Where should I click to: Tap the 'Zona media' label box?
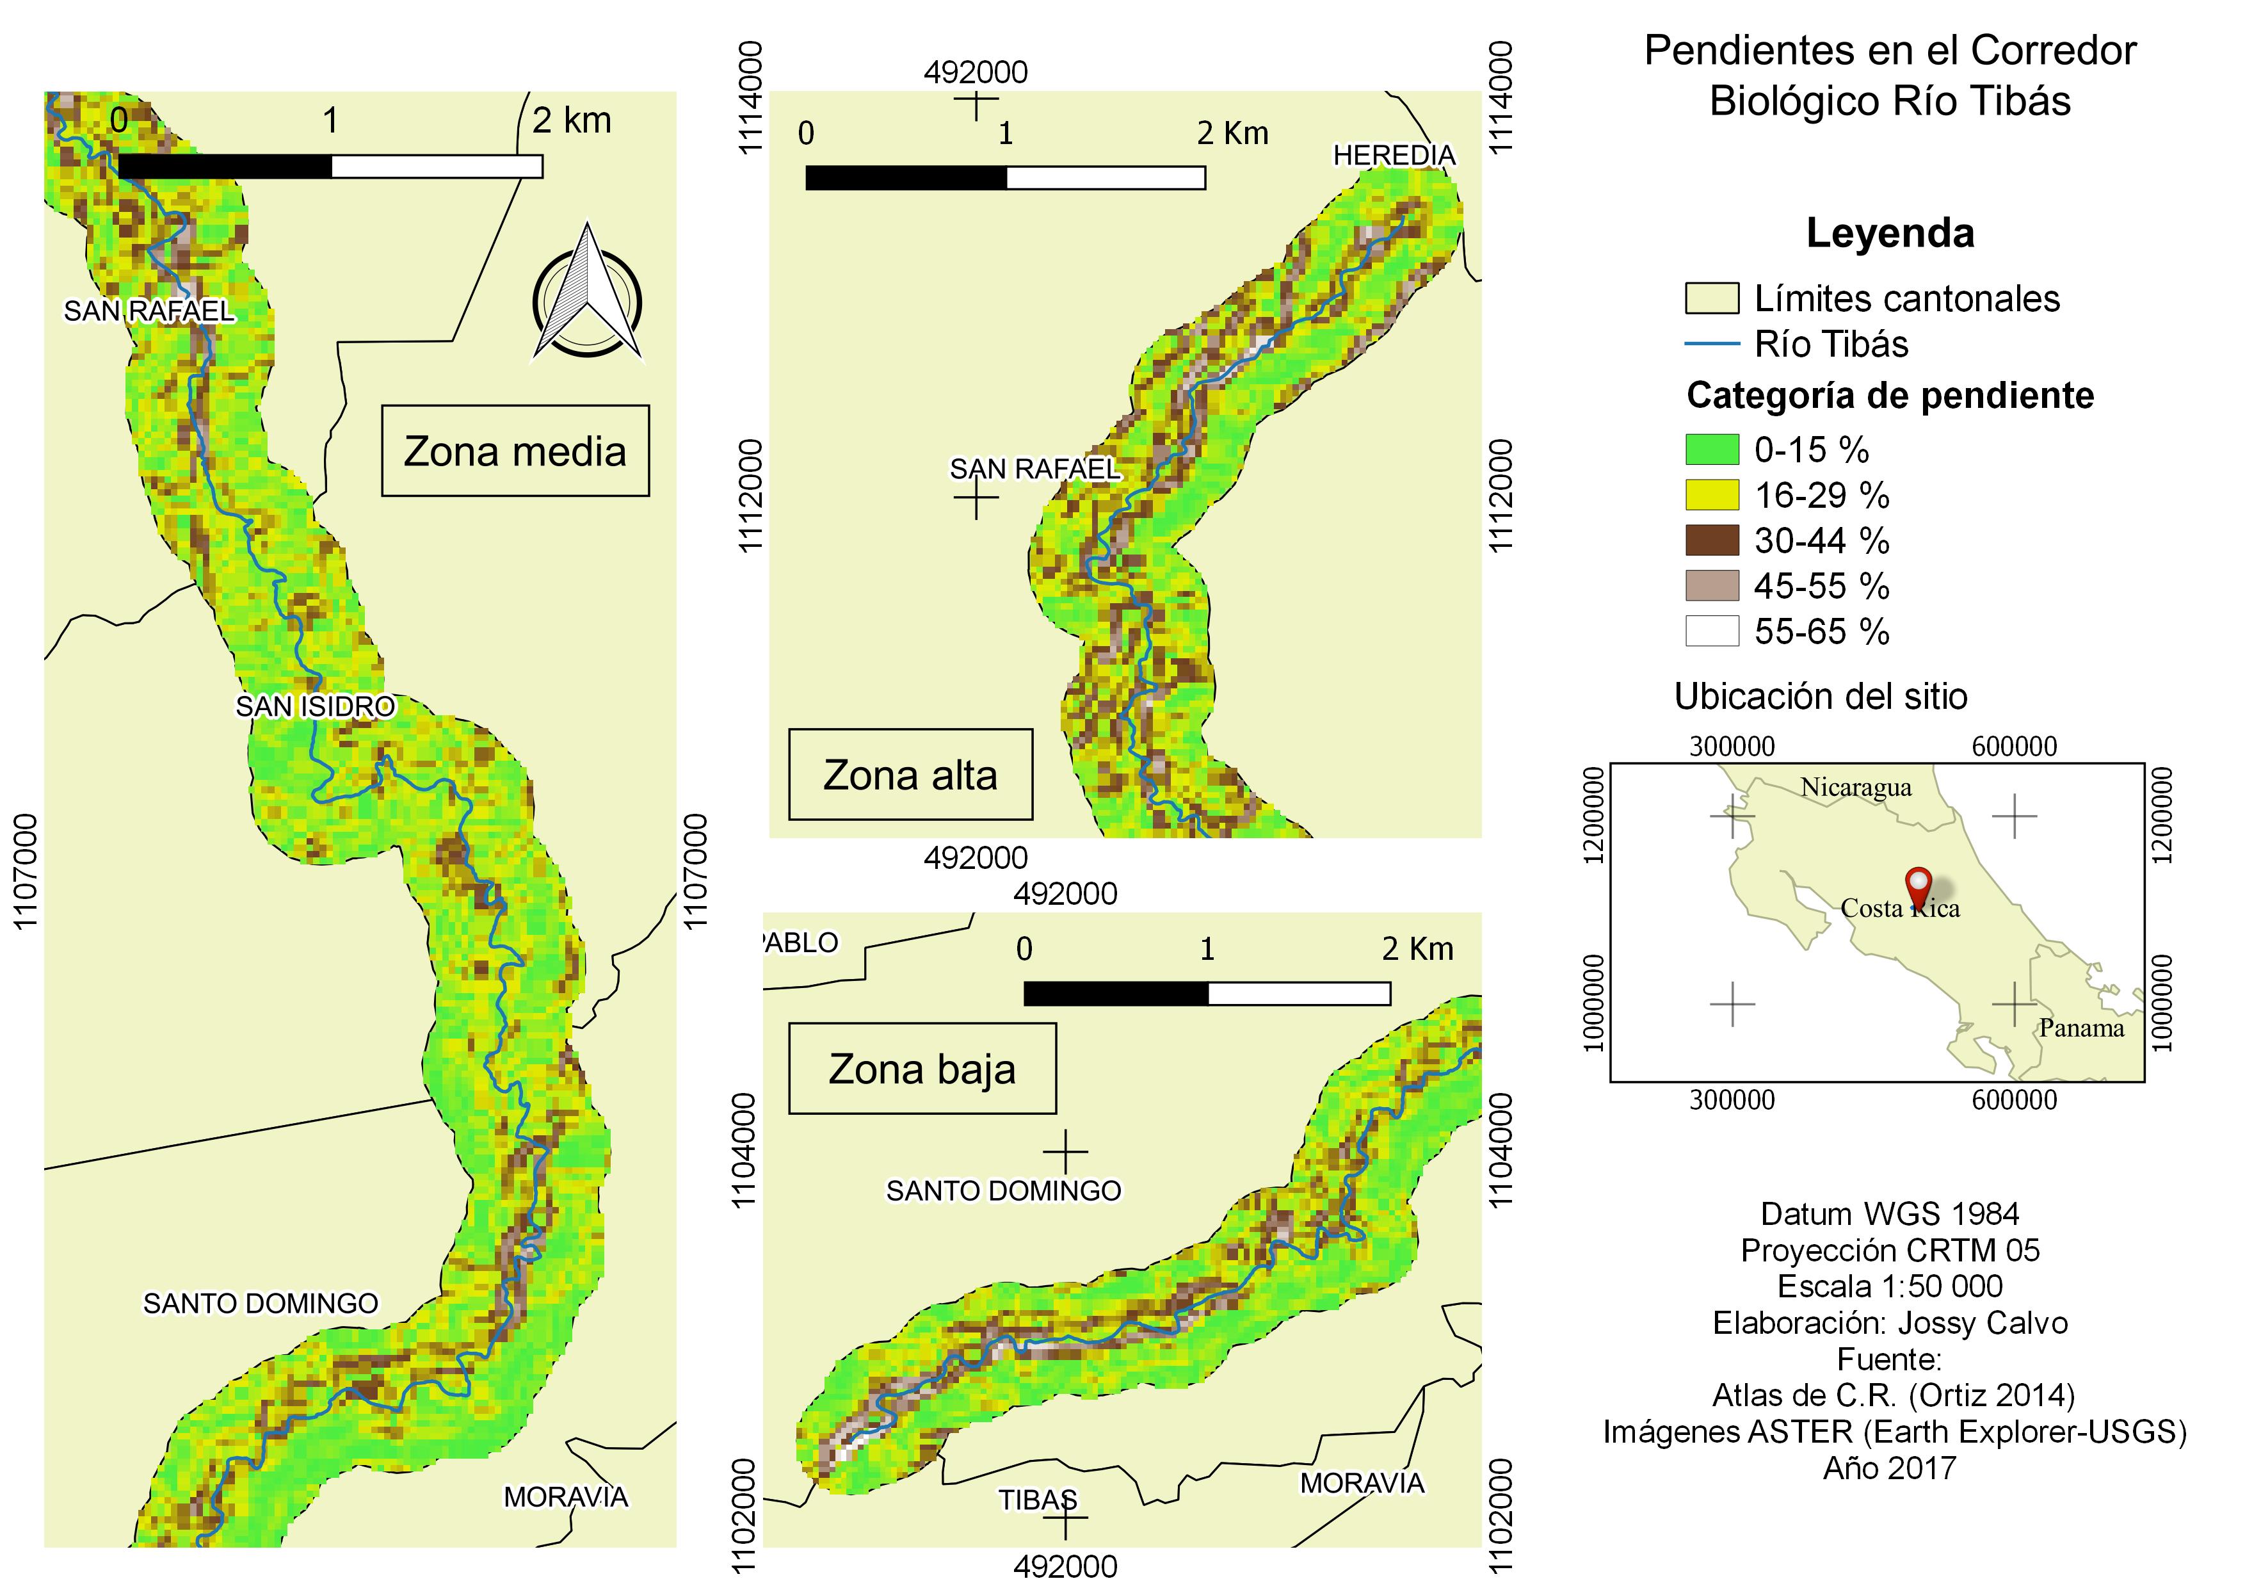click(515, 451)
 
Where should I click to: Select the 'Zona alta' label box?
click(910, 774)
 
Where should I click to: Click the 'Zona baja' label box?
click(922, 1069)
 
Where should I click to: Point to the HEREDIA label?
click(1394, 156)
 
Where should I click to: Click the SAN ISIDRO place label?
click(316, 706)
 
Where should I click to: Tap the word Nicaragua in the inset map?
click(1856, 787)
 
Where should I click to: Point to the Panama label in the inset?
click(2080, 1028)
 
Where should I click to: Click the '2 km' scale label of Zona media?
click(572, 120)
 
